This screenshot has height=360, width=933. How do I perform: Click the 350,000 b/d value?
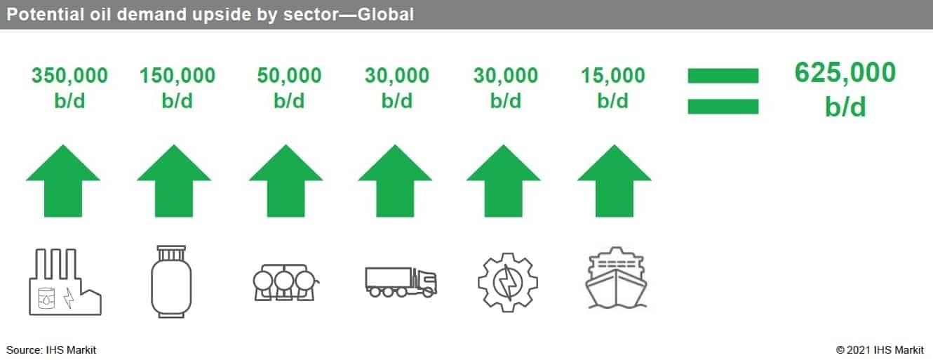69,88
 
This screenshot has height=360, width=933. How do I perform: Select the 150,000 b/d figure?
177,88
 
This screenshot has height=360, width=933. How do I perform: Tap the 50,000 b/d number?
289,88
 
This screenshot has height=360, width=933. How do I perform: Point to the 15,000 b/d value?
612,88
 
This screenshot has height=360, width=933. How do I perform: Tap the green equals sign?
723,91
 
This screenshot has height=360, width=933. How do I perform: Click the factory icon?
65,282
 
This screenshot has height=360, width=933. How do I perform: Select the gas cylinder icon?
171,281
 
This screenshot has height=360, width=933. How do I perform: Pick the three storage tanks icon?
286,283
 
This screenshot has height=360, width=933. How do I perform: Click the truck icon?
401,282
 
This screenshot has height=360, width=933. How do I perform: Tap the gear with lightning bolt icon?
508,282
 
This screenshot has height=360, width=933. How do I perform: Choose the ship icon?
616,277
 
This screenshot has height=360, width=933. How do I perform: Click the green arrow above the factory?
63,181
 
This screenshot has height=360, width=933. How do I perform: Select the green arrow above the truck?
395,181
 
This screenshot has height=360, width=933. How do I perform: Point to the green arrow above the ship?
615,181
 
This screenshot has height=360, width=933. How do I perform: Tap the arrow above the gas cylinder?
174,181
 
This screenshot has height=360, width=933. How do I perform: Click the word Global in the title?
386,15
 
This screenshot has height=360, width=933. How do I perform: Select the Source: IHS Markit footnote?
51,350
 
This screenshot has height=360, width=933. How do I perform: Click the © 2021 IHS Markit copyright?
880,350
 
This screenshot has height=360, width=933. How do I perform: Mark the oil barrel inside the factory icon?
46,298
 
